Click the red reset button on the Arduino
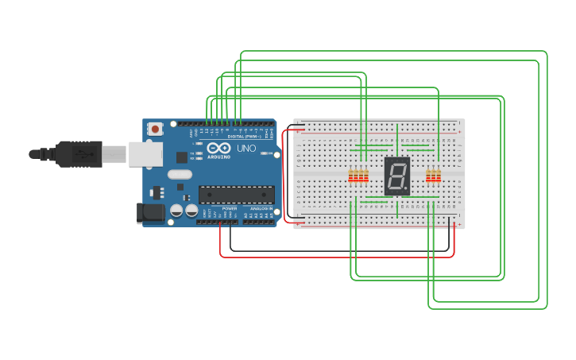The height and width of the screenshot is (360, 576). (x=155, y=128)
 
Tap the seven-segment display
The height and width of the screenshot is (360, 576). (x=396, y=176)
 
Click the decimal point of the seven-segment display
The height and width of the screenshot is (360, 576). (x=408, y=192)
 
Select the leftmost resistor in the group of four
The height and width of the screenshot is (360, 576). (x=351, y=176)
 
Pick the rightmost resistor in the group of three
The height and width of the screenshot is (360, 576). (x=439, y=176)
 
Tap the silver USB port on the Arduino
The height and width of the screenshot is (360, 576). (x=145, y=154)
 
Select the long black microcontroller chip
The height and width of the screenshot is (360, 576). (x=236, y=195)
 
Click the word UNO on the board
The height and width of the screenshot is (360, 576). (x=246, y=149)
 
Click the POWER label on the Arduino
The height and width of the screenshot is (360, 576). (x=229, y=208)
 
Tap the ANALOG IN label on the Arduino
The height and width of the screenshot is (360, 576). (x=261, y=208)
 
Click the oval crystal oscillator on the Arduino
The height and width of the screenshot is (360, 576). (x=180, y=174)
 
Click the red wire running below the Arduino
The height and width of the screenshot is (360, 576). (x=334, y=257)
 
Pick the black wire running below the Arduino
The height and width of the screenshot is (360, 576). (x=334, y=250)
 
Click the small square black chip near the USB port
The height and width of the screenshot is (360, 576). (x=182, y=157)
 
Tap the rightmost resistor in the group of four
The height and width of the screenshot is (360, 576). (x=365, y=176)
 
